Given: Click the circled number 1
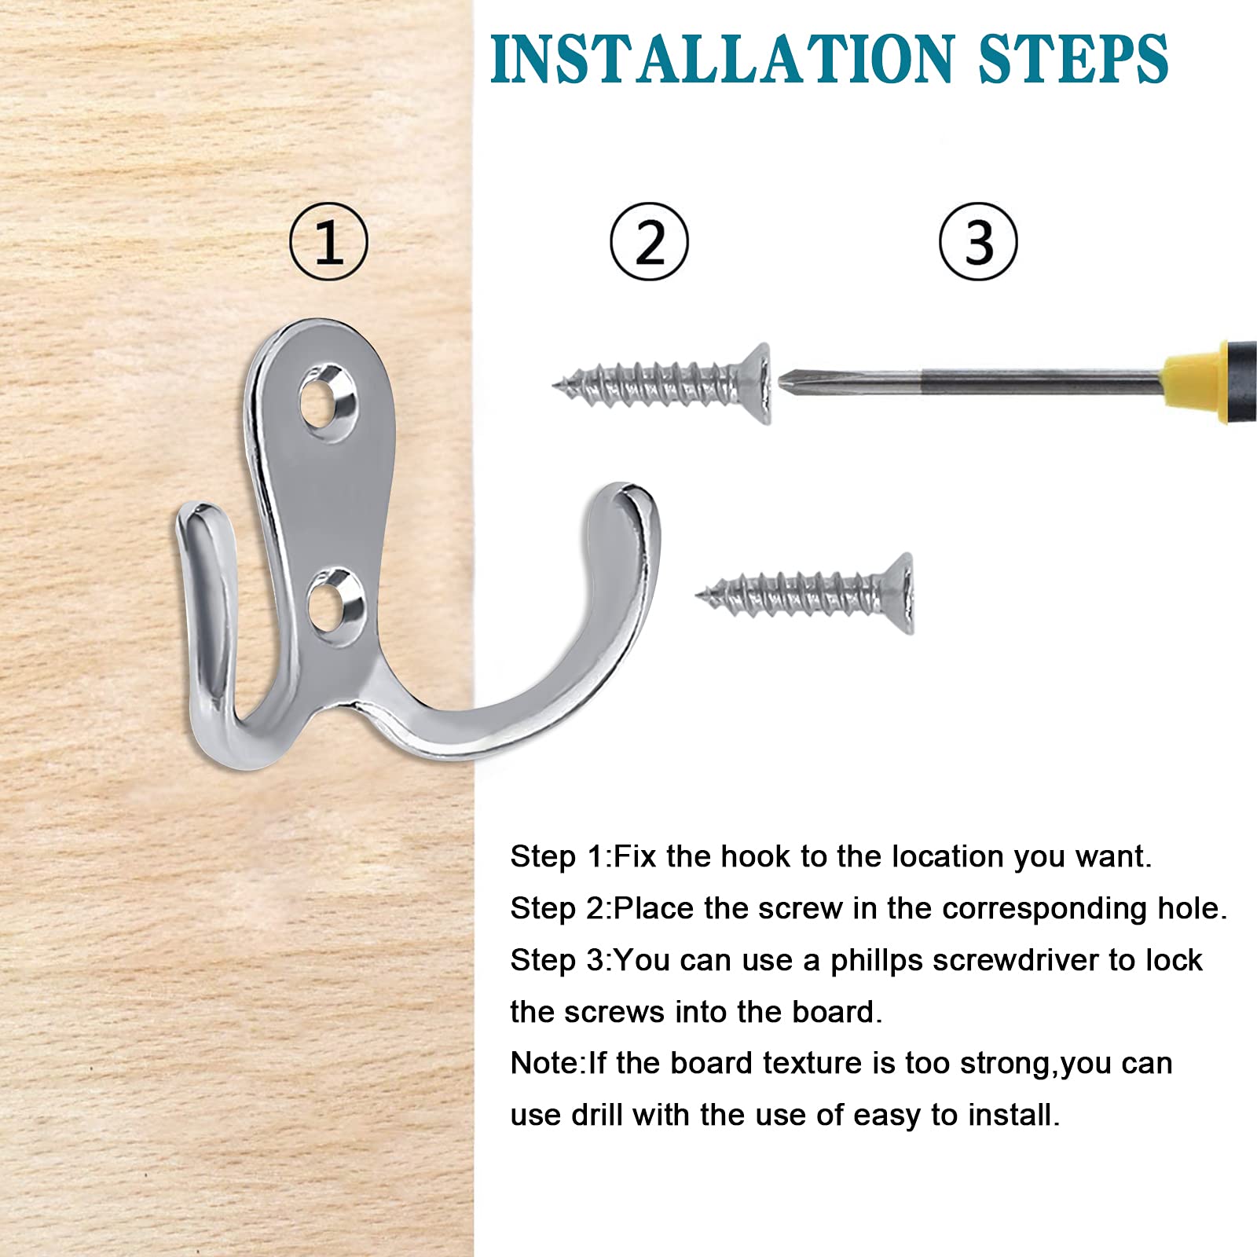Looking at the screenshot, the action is click(x=328, y=242).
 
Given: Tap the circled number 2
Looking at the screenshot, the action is click(x=649, y=242).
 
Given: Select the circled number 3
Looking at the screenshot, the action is click(x=978, y=242).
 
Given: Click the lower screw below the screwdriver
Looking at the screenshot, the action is click(x=805, y=592).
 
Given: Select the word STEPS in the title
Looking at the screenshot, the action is click(x=1074, y=59).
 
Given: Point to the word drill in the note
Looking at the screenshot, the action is click(x=598, y=1116).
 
